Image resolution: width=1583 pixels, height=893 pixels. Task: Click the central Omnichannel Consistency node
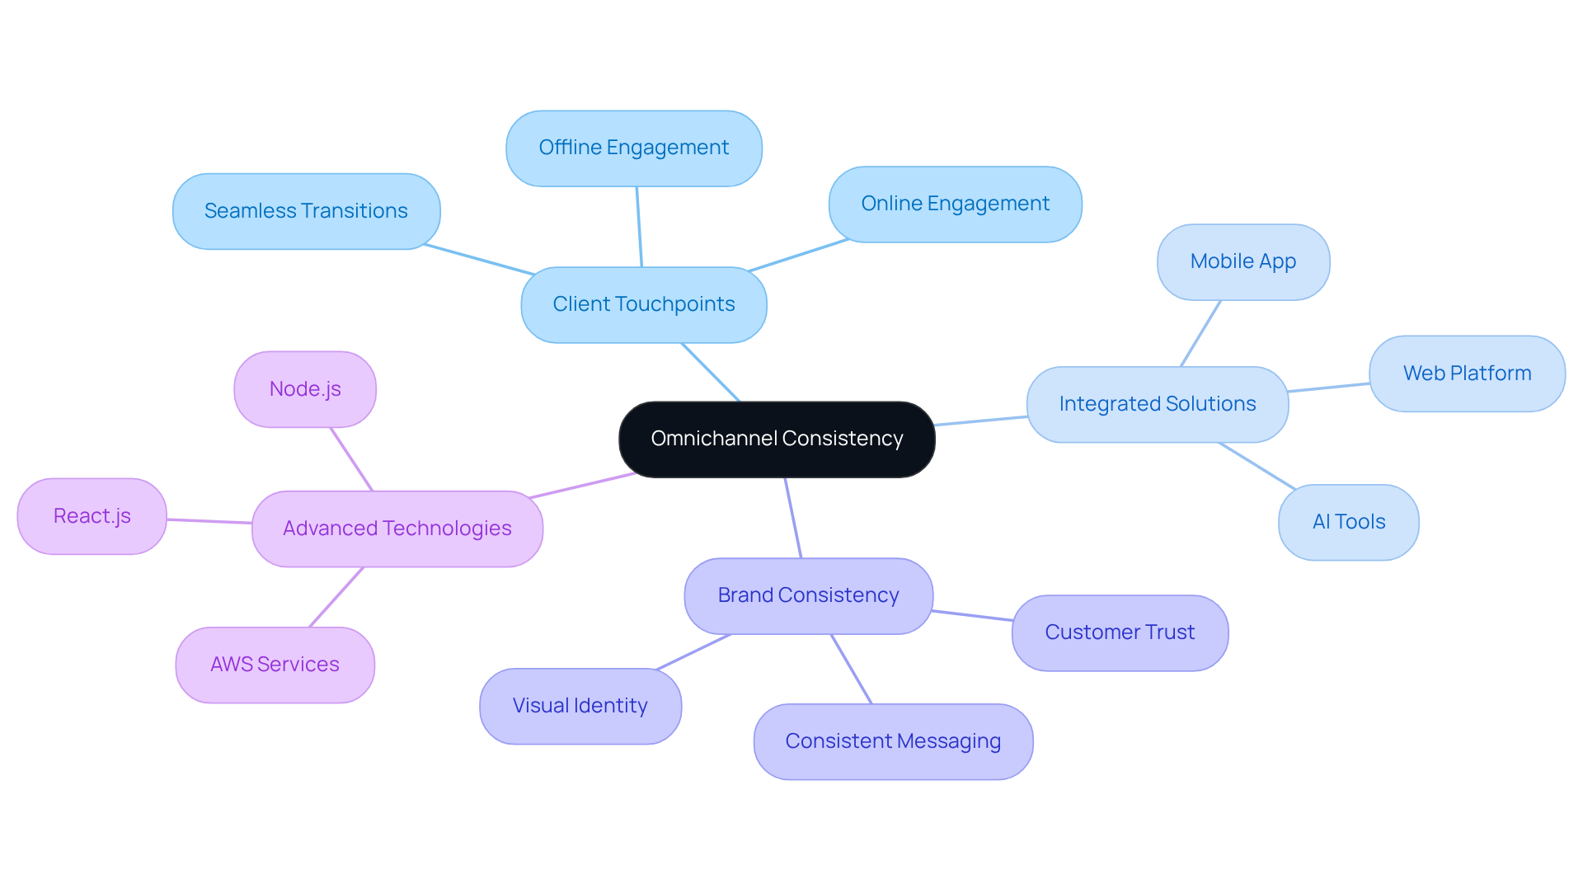click(777, 439)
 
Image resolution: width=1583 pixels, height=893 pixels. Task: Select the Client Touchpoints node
click(644, 304)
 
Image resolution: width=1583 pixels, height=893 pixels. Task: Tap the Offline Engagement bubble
click(634, 148)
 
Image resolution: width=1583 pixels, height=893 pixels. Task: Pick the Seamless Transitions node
click(306, 211)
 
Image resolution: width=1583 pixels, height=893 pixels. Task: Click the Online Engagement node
click(955, 204)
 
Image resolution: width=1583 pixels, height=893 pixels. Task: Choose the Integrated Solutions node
click(1158, 404)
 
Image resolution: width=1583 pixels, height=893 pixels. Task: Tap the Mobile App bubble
click(1243, 261)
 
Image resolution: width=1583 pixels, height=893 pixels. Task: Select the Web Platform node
click(1467, 374)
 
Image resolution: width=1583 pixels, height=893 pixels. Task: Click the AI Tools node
click(1348, 522)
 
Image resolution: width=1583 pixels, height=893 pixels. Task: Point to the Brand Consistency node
click(808, 595)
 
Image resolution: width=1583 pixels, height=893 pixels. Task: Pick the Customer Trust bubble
click(1120, 632)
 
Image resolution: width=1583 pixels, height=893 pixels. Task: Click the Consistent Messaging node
click(893, 741)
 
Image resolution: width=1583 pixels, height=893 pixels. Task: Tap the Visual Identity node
click(580, 706)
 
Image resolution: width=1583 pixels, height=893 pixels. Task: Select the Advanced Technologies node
click(397, 529)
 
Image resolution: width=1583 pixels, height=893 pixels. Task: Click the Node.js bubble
click(305, 389)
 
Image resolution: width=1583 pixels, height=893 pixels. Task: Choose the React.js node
click(92, 516)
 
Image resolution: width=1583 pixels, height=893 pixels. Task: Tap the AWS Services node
click(275, 665)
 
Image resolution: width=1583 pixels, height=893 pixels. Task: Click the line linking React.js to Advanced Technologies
click(209, 521)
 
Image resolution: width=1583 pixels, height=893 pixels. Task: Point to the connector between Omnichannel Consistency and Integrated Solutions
click(981, 421)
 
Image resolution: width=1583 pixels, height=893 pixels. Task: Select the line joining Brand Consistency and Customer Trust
click(973, 615)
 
